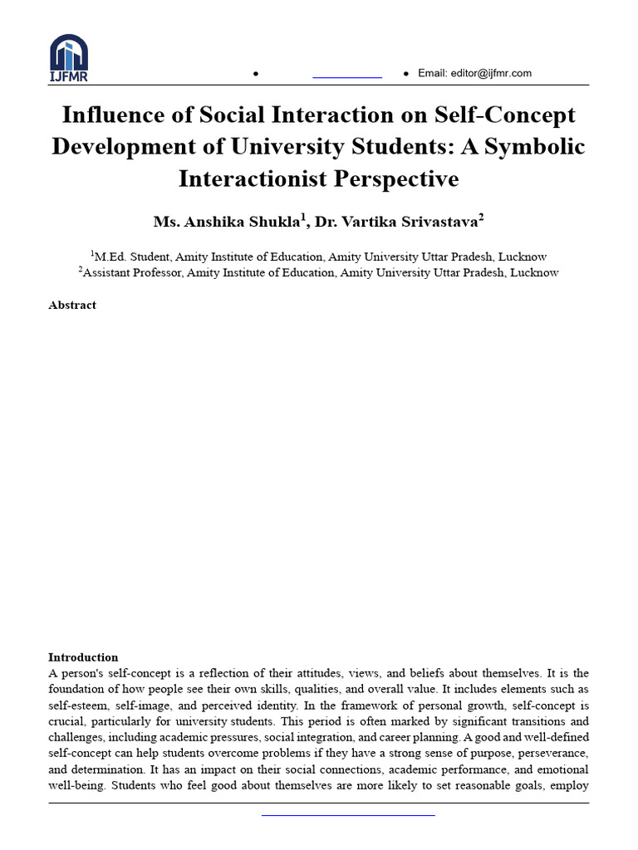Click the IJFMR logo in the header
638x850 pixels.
point(68,58)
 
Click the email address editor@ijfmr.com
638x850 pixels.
point(474,73)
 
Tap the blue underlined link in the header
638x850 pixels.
point(346,76)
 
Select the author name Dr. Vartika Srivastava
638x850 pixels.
point(399,222)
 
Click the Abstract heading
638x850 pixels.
point(72,305)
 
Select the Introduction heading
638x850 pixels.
point(83,657)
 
